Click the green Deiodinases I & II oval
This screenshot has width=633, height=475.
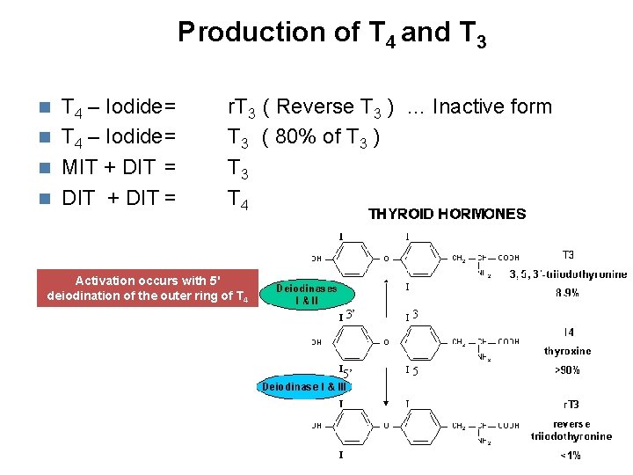pos(307,294)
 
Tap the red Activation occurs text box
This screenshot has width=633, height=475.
pos(148,288)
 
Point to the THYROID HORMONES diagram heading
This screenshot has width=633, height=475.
pos(447,214)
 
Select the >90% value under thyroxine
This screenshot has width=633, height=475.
pos(568,370)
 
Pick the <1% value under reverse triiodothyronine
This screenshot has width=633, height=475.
pos(570,456)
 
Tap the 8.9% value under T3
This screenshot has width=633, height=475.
pos(569,294)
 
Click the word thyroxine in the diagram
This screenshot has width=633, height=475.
pos(568,350)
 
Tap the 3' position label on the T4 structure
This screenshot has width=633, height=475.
pos(349,314)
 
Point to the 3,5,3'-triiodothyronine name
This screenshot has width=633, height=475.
pos(568,274)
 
